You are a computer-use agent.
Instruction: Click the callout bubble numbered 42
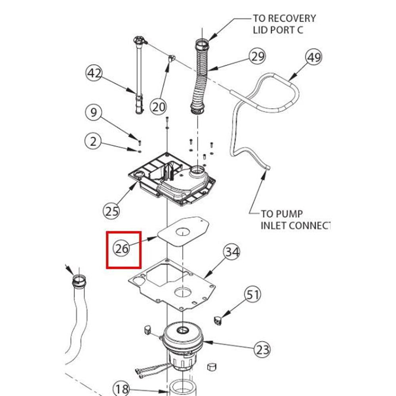coord(94,74)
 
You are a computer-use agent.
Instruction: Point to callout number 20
coord(159,106)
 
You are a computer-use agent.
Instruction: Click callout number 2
coord(93,141)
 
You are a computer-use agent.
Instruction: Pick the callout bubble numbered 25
coord(112,211)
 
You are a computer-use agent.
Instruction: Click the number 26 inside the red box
coord(122,249)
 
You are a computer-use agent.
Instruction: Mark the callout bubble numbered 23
coord(262,350)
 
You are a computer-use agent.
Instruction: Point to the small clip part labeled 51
coord(218,319)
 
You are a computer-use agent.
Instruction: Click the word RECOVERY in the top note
coord(292,18)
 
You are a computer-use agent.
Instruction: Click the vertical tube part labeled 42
coord(139,75)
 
